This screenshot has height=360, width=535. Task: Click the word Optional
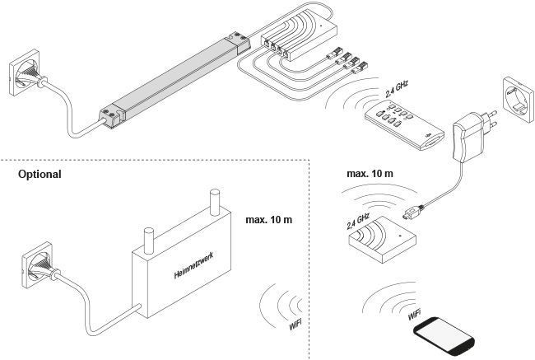coord(40,175)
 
